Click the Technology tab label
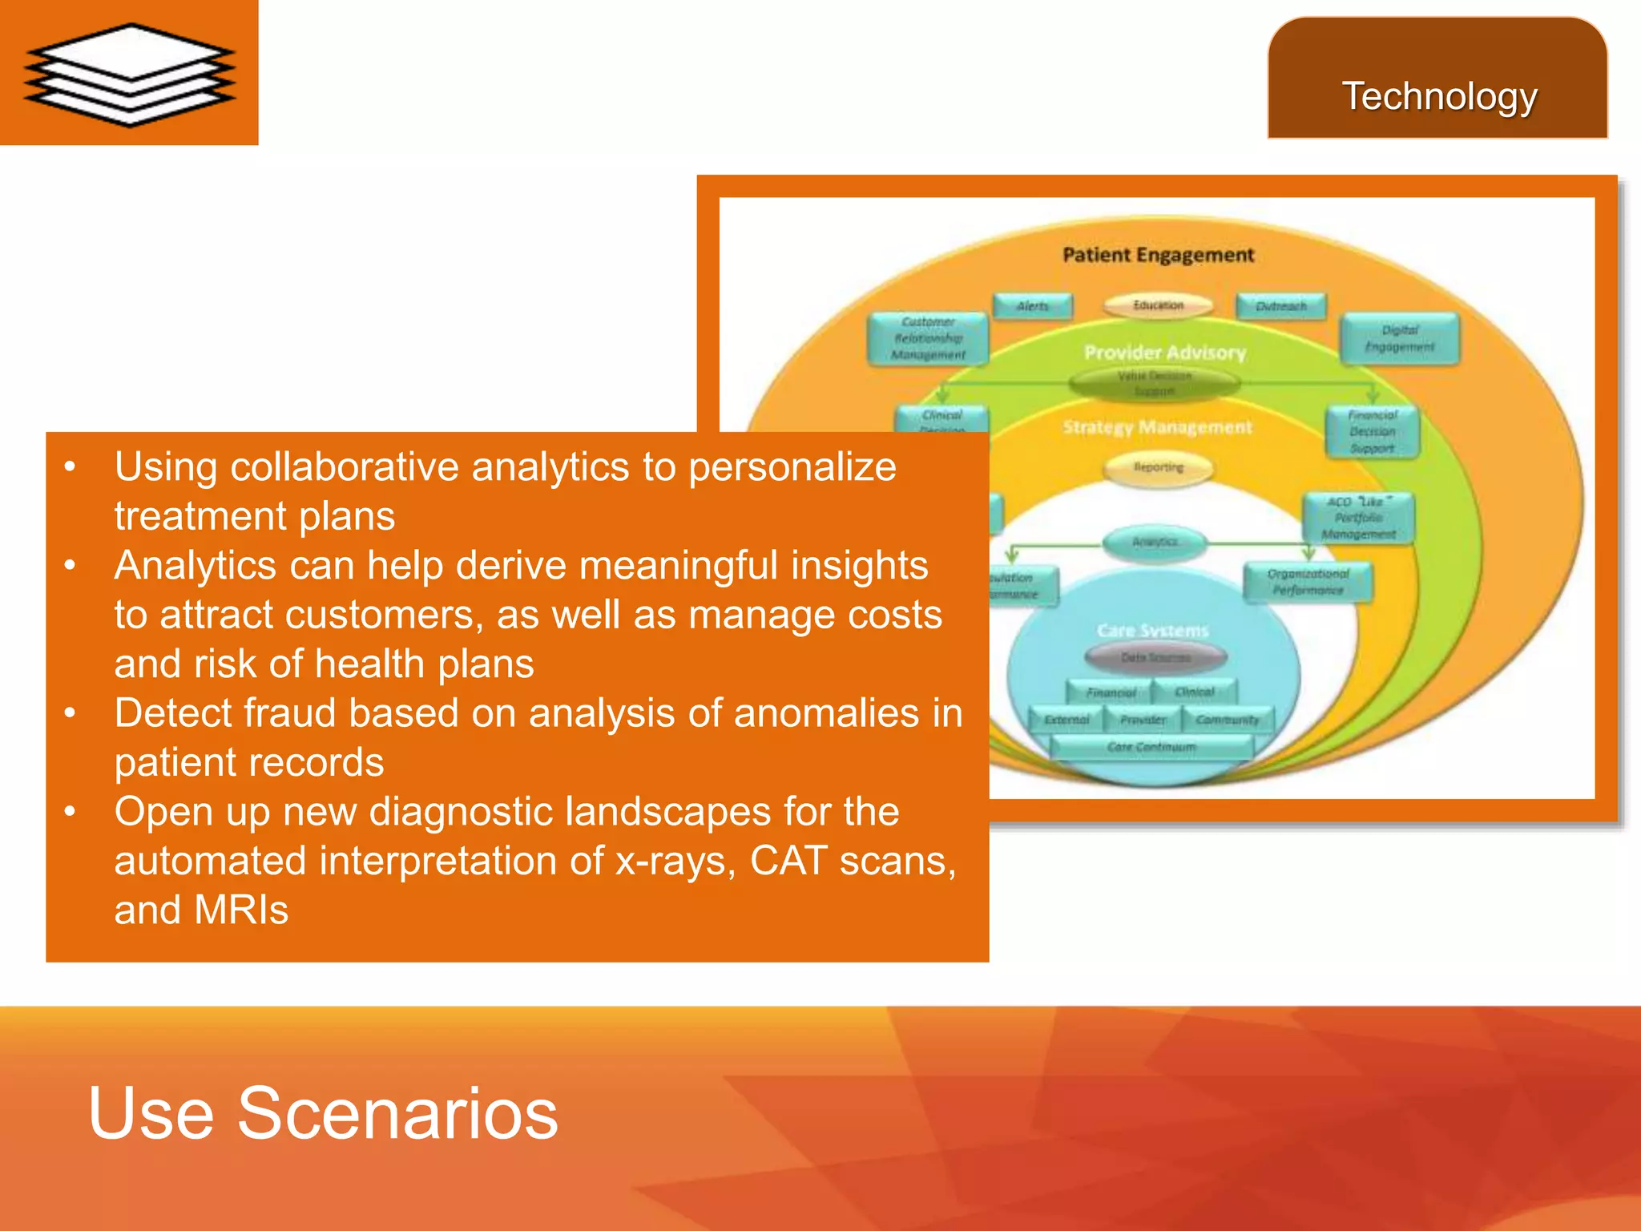pyautogui.click(x=1439, y=97)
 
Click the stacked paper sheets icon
pyautogui.click(x=130, y=74)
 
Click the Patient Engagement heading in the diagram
pyautogui.click(x=1158, y=255)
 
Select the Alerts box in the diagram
pyautogui.click(x=1032, y=306)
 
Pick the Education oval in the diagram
pyautogui.click(x=1158, y=305)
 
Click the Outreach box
pyautogui.click(x=1280, y=306)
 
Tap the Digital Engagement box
pyautogui.click(x=1399, y=339)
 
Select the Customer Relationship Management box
pyautogui.click(x=928, y=338)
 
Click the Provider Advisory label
pyautogui.click(x=1164, y=353)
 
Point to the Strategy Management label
pyautogui.click(x=1157, y=428)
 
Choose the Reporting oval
pyautogui.click(x=1158, y=467)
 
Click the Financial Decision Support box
pyautogui.click(x=1372, y=432)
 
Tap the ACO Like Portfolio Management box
pyautogui.click(x=1358, y=518)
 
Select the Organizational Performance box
pyautogui.click(x=1308, y=582)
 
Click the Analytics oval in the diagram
pyautogui.click(x=1155, y=543)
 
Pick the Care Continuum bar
pyautogui.click(x=1151, y=747)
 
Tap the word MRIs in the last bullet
pyautogui.click(x=240, y=910)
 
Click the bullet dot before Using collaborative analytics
pyautogui.click(x=71, y=466)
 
